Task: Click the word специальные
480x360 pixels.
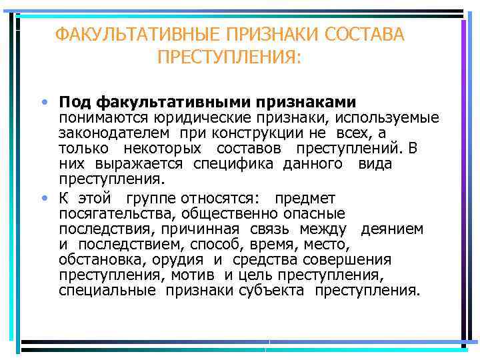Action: pos(107,290)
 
